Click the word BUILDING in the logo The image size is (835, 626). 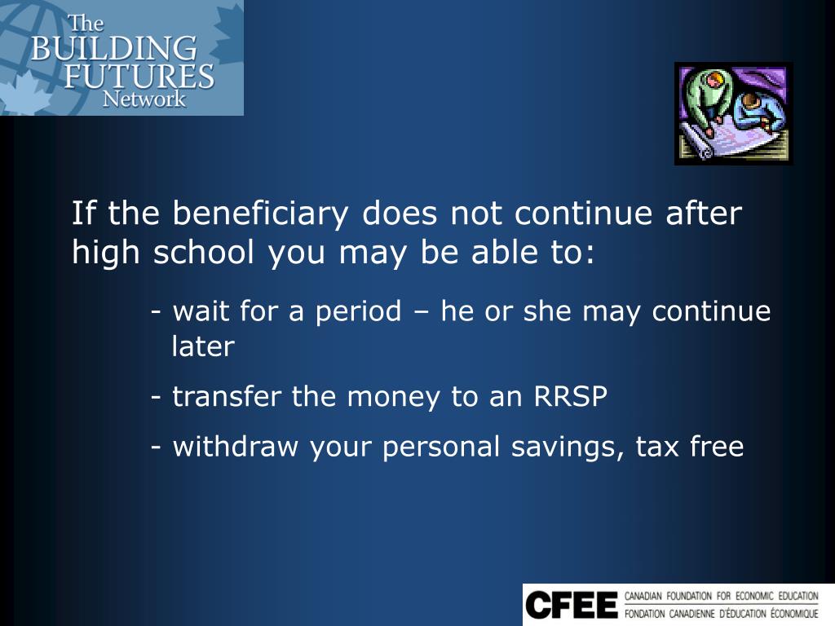coord(113,48)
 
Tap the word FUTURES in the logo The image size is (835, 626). coord(139,76)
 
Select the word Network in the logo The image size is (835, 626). coord(144,99)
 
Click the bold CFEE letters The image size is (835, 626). coord(572,605)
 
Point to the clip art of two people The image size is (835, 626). coord(733,113)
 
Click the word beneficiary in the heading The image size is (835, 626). coord(263,214)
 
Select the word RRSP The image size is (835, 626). coord(571,397)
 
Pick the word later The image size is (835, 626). coord(203,347)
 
